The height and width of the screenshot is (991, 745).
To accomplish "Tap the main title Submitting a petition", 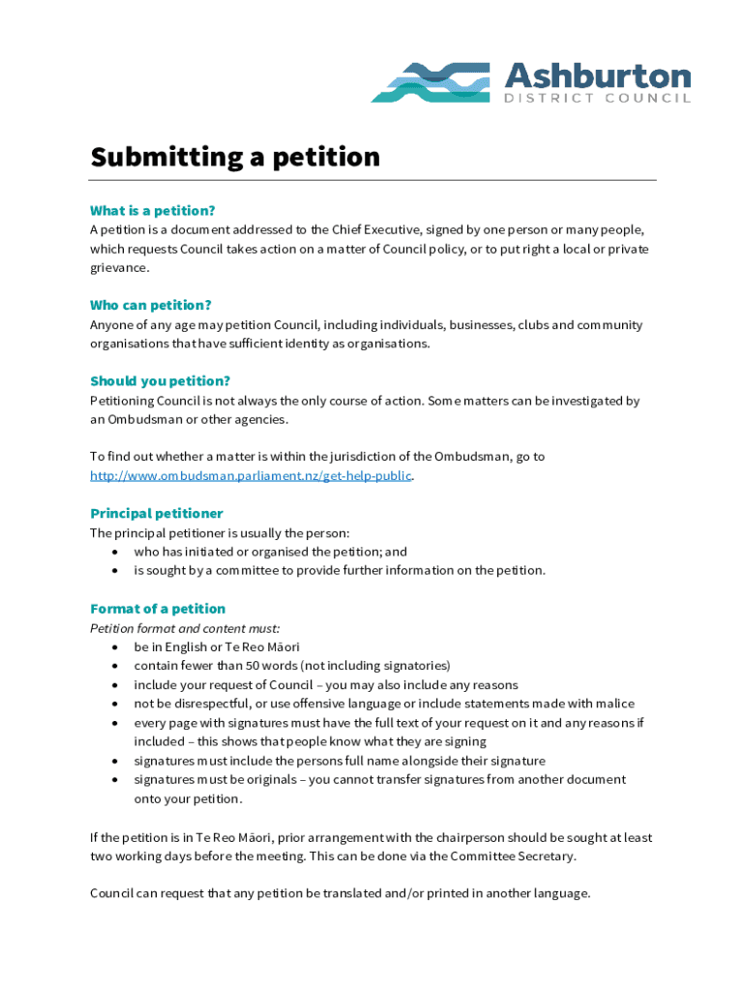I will point(235,157).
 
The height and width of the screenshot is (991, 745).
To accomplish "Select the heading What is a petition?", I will point(152,210).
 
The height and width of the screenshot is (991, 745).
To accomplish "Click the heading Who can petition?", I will point(150,305).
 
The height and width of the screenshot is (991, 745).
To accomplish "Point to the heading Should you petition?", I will point(160,380).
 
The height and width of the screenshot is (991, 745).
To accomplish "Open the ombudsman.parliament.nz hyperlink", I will point(251,475).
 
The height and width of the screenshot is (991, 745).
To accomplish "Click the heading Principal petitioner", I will point(156,513).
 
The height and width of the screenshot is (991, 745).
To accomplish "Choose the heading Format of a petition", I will point(157,608).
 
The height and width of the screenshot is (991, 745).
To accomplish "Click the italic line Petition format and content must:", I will point(185,628).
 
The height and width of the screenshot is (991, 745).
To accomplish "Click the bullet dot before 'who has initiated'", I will point(116,552).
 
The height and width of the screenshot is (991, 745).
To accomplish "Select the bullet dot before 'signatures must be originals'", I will point(116,779).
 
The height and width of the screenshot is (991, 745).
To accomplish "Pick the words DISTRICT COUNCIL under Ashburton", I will point(598,99).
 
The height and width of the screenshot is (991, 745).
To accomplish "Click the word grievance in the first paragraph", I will point(119,267).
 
